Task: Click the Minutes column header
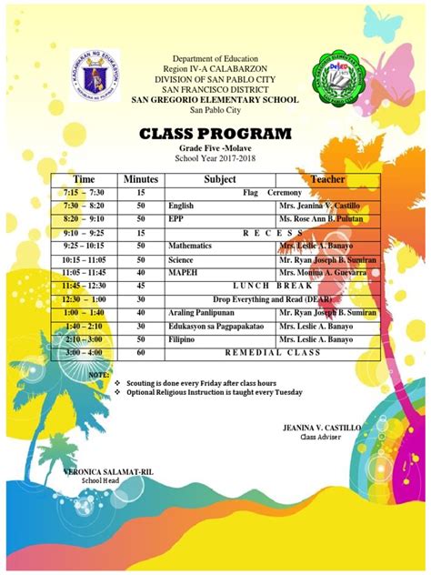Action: click(141, 179)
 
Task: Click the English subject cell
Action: click(182, 207)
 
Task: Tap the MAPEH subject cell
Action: click(184, 272)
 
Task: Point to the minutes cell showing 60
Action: click(141, 352)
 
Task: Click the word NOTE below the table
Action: click(99, 374)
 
